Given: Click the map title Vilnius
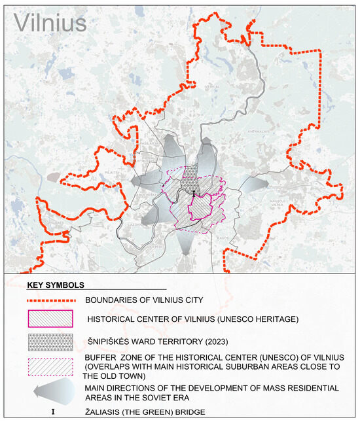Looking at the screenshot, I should point(50,22).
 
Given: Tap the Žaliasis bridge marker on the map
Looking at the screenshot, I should point(194,193).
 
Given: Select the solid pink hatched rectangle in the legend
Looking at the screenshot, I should point(51,319).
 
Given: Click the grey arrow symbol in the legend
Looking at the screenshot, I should point(51,393).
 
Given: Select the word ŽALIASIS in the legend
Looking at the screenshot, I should point(107,413).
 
